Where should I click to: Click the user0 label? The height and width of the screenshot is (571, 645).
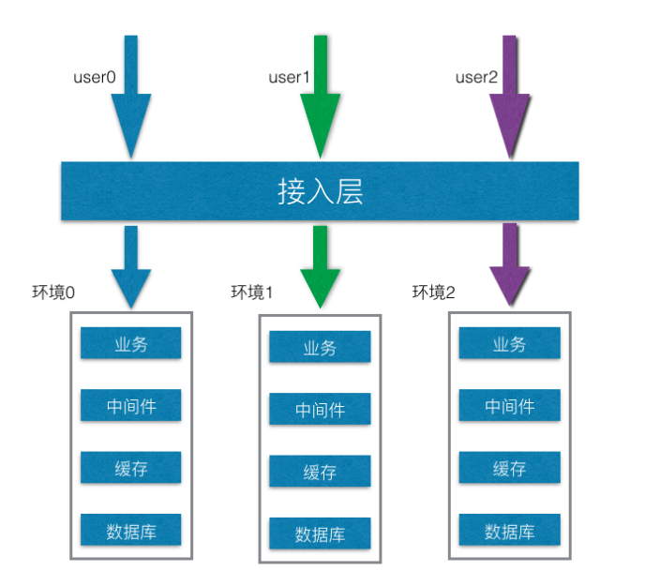tap(95, 77)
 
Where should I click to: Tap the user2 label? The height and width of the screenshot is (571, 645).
tap(476, 77)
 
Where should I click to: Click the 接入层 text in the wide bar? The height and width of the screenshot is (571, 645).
tap(320, 192)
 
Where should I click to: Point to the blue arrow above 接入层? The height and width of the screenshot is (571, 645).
tap(130, 103)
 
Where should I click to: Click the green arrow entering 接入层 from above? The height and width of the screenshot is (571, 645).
tap(321, 103)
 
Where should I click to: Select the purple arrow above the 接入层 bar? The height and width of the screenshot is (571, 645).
tap(510, 103)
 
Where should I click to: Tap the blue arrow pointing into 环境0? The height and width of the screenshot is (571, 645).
tap(130, 267)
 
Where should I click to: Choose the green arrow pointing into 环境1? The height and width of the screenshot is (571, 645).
tap(321, 267)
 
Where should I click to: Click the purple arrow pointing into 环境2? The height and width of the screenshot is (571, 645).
tap(510, 267)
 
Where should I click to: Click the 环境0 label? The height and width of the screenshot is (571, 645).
tap(53, 293)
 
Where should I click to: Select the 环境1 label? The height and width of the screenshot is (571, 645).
tap(251, 293)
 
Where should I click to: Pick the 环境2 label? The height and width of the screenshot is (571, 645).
tap(433, 293)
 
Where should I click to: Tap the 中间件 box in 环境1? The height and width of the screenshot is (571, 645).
tap(320, 410)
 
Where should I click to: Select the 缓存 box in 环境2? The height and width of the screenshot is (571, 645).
tap(509, 469)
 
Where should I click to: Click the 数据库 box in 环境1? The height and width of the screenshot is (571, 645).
tap(320, 533)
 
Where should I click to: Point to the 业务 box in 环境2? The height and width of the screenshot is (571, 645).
tap(509, 343)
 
